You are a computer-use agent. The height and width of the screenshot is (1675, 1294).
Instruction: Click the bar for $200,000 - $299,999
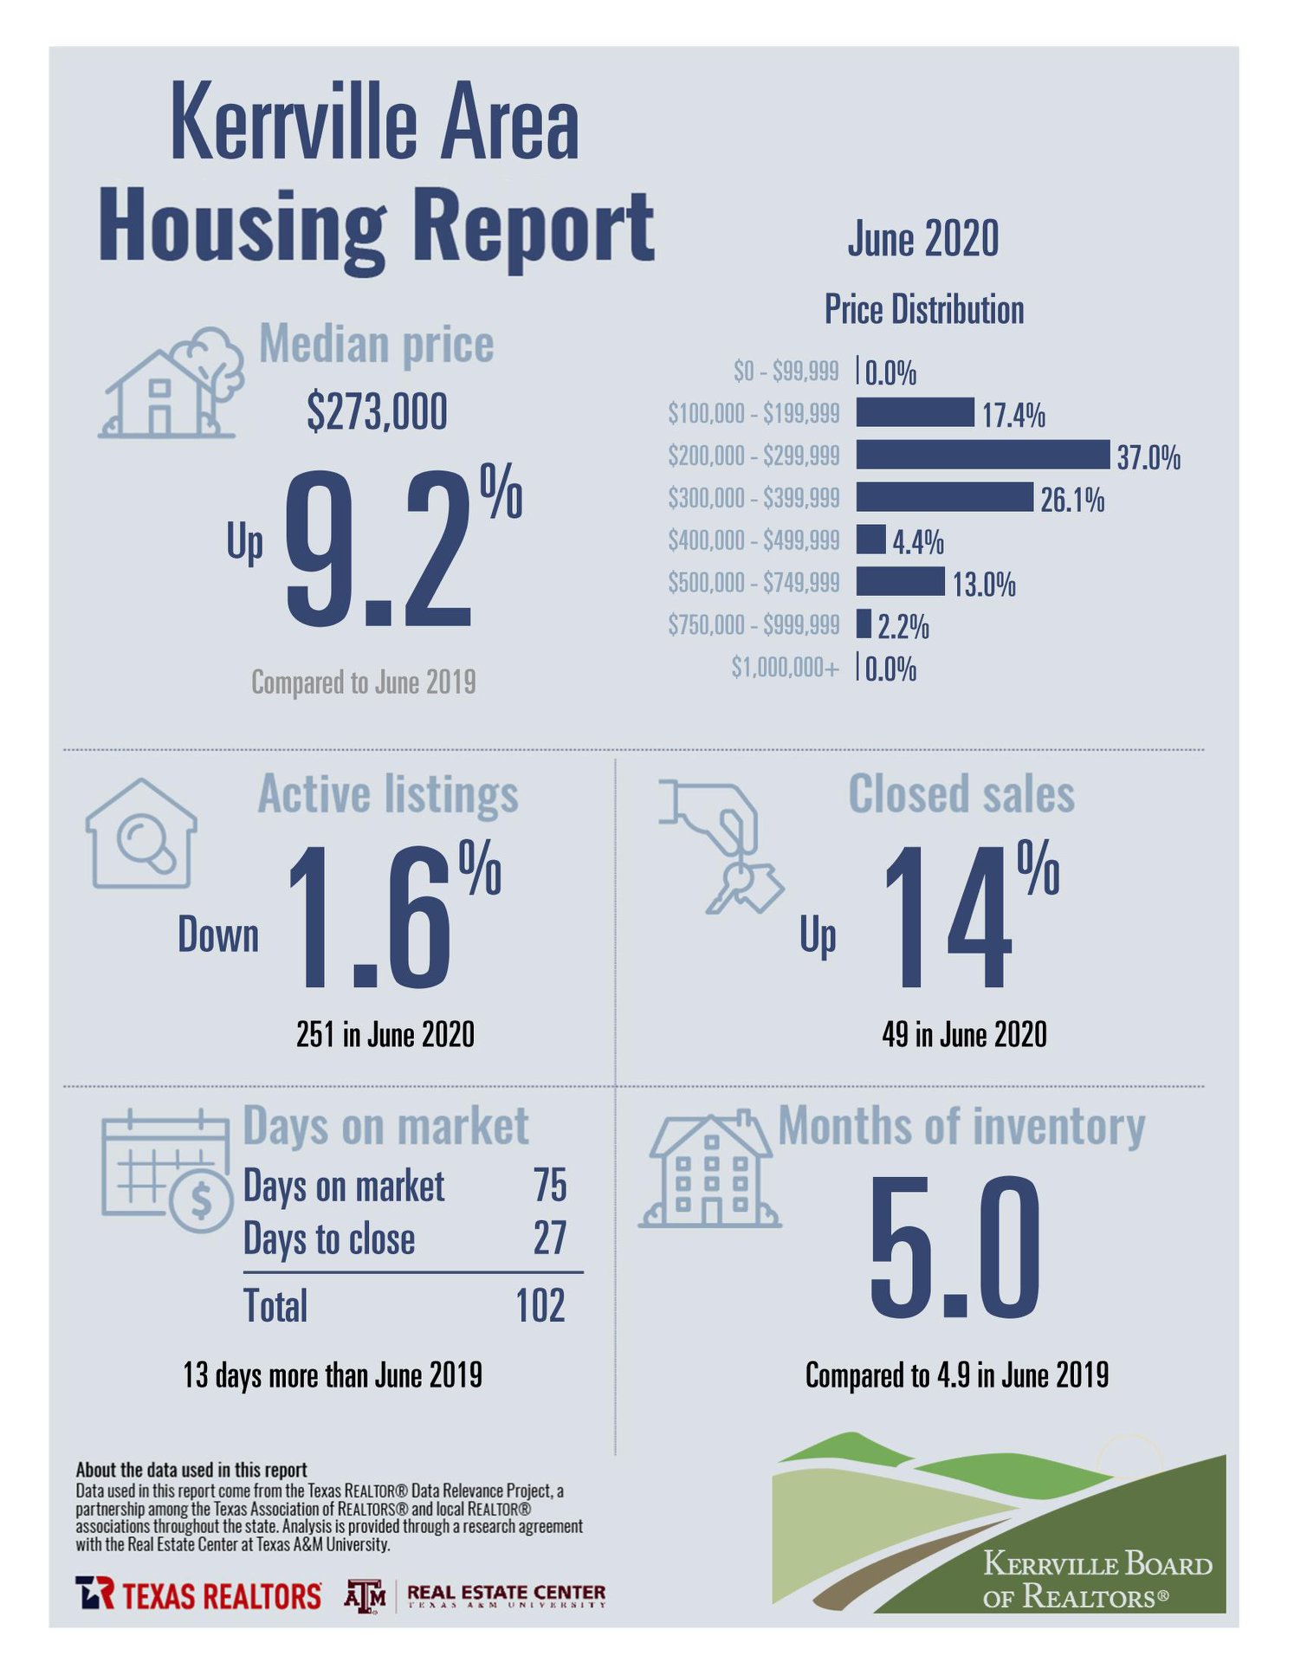tap(982, 455)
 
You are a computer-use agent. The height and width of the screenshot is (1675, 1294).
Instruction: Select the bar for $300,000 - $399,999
tap(945, 497)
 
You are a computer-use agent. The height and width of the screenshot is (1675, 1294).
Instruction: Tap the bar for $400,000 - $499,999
tap(870, 540)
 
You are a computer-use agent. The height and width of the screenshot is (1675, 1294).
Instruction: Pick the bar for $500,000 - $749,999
tap(900, 581)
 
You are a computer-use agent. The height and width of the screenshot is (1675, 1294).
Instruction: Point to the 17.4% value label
tap(1013, 416)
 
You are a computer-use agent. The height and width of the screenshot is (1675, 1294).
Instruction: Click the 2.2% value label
tap(903, 627)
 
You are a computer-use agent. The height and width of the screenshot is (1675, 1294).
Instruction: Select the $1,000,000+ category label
tap(785, 667)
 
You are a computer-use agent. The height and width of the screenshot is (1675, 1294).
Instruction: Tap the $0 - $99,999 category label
tap(786, 371)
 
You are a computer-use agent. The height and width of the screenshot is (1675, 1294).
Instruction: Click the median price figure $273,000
tap(377, 411)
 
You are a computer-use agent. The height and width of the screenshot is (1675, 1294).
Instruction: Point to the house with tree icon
tap(171, 382)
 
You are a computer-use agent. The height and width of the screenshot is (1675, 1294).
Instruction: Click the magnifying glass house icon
tap(141, 833)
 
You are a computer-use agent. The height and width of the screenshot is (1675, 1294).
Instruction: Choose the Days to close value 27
tap(550, 1238)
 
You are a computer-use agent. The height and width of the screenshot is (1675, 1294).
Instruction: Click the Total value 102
tap(540, 1305)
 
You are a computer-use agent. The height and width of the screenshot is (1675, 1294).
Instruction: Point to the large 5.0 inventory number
tap(954, 1245)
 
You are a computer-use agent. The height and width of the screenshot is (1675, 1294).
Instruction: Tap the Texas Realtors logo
tap(198, 1594)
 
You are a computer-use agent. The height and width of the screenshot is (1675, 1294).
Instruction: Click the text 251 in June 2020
tap(385, 1034)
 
